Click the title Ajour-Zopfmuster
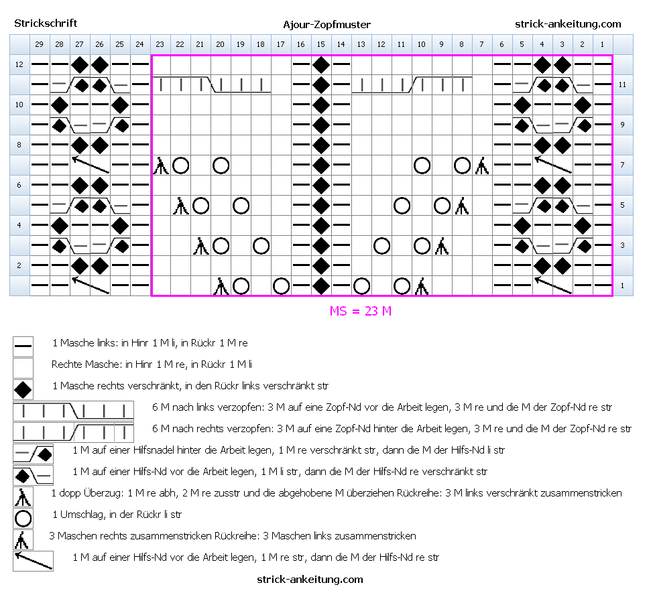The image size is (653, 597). point(327,25)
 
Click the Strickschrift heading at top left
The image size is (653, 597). point(46,23)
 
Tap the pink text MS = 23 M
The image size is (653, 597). point(361,311)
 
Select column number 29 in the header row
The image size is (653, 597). point(39,44)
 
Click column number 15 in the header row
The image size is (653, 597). point(320,44)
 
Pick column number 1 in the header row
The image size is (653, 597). point(602,44)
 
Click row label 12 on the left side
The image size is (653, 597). point(19,64)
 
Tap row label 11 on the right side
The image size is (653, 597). point(622,84)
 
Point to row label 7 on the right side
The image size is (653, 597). point(622,165)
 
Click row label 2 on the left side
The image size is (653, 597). point(19,265)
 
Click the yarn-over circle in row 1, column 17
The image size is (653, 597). point(281,286)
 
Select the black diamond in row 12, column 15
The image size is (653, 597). point(320,65)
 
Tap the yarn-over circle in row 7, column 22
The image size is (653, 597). point(180,165)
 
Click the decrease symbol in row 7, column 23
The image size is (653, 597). point(161,165)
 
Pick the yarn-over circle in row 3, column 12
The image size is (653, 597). point(381,246)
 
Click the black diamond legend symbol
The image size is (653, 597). point(23,390)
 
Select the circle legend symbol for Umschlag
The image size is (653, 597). point(23,519)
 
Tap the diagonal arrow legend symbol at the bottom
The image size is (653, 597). point(34,560)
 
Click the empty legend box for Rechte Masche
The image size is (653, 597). point(23,368)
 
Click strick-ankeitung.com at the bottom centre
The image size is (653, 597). point(310,579)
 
